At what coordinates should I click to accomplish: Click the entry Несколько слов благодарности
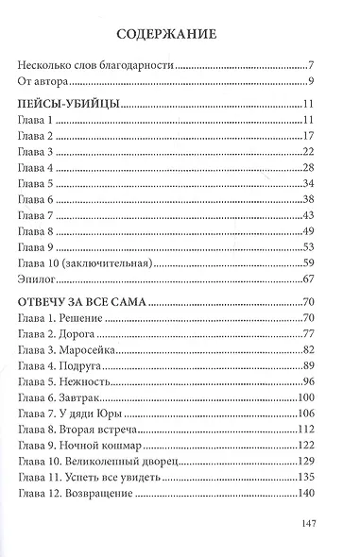(97, 68)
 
